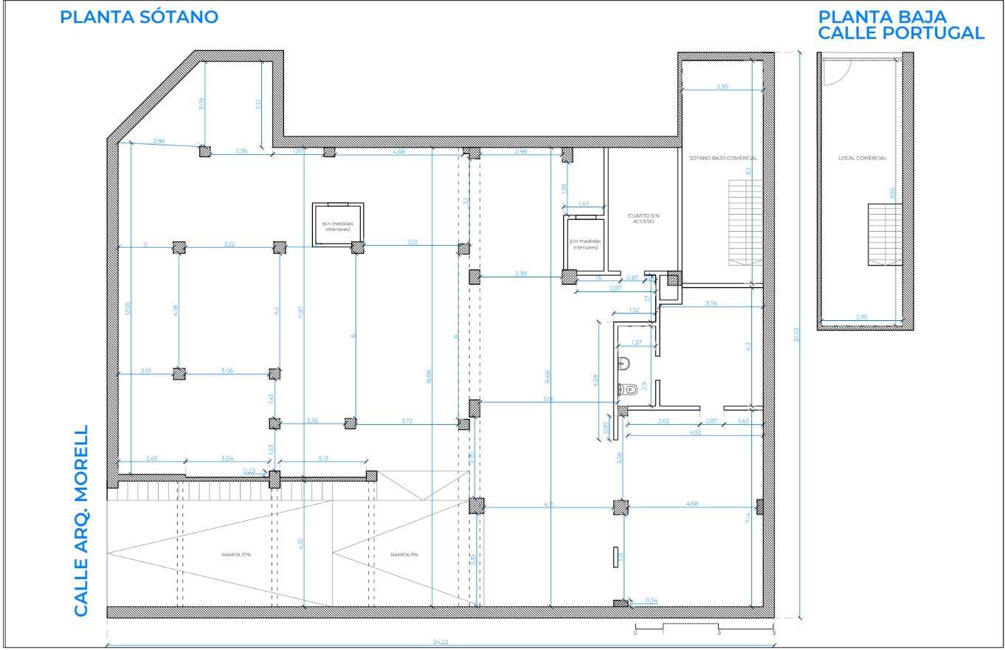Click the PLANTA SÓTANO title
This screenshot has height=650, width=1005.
pyautogui.click(x=139, y=18)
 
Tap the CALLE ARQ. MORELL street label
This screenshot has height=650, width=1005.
pyautogui.click(x=81, y=520)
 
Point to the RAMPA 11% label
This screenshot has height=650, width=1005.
pyautogui.click(x=404, y=554)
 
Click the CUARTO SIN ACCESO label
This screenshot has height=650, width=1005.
pyautogui.click(x=642, y=218)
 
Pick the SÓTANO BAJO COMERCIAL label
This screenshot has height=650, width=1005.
pyautogui.click(x=723, y=158)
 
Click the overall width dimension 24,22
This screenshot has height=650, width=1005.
pyautogui.click(x=441, y=642)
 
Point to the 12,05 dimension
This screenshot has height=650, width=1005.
pyautogui.click(x=127, y=308)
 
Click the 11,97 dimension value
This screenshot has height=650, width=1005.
pyautogui.click(x=301, y=313)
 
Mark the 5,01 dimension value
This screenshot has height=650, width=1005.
pyautogui.click(x=548, y=399)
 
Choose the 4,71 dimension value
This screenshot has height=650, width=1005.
pyautogui.click(x=548, y=504)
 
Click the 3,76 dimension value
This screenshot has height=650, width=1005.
pyautogui.click(x=711, y=303)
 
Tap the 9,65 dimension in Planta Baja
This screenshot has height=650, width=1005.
pyautogui.click(x=892, y=193)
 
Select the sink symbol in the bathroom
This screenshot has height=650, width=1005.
pyautogui.click(x=624, y=362)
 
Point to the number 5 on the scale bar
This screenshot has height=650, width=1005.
pyautogui.click(x=773, y=633)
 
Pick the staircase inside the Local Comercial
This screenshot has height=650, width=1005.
pyautogui.click(x=880, y=234)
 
